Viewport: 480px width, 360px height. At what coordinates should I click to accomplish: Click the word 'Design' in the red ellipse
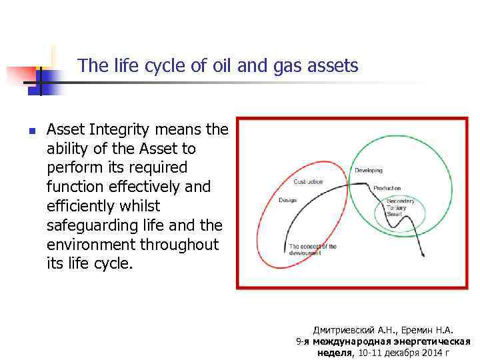tap(287, 200)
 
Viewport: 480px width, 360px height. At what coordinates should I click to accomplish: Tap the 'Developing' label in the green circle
tap(368, 171)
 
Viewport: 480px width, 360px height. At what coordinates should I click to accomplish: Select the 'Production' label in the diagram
tap(387, 189)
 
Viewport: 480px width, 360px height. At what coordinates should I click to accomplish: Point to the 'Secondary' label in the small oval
tap(400, 201)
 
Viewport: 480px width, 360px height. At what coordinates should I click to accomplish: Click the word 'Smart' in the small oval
tap(395, 215)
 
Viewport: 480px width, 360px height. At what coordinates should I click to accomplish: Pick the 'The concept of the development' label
tap(313, 249)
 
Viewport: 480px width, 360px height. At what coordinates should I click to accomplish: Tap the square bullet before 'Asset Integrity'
tap(31, 130)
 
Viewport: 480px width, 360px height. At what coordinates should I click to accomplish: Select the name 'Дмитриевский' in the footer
tap(345, 330)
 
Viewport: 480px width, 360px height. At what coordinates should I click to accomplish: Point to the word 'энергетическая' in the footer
tap(435, 341)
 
